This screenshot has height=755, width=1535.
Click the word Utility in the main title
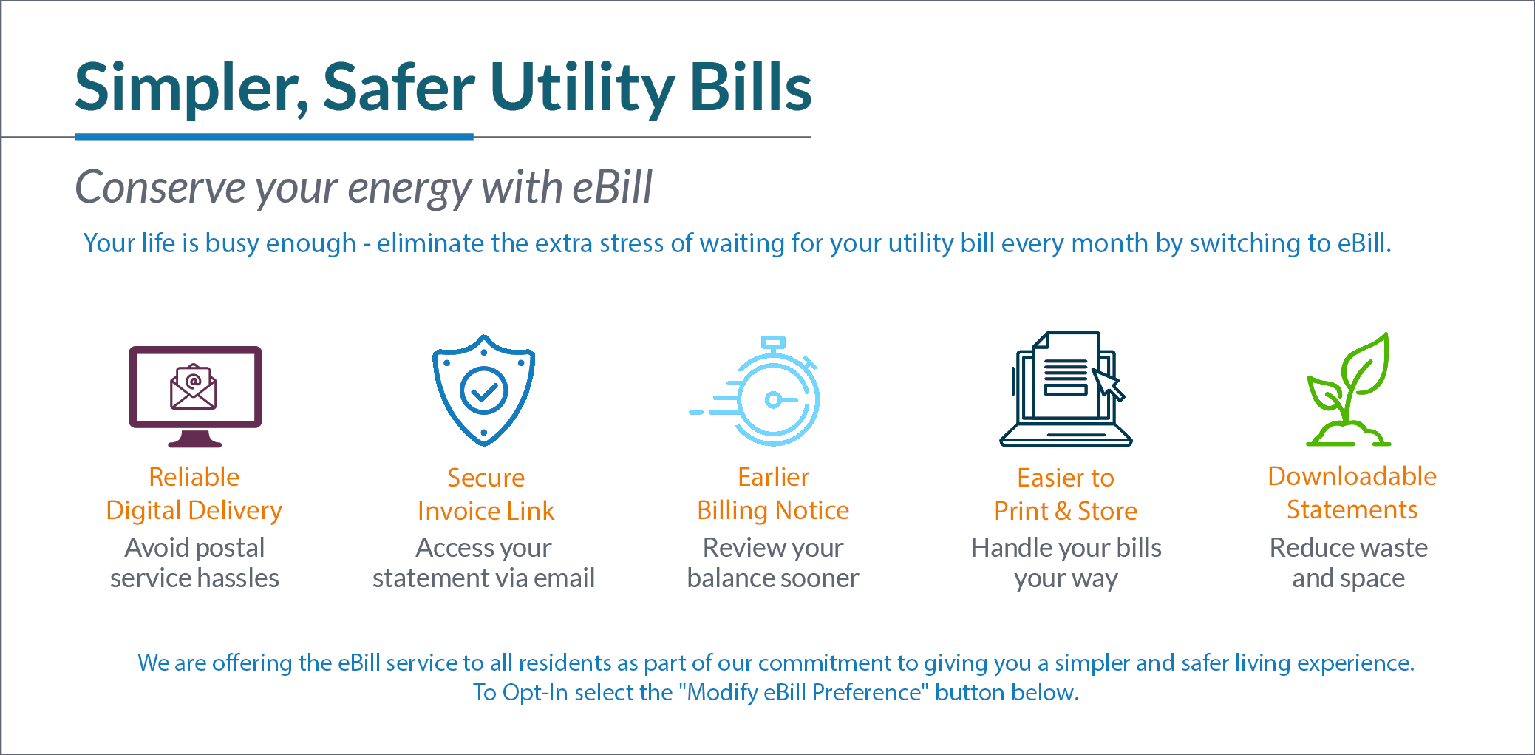click(582, 89)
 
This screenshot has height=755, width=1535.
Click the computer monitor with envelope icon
click(195, 396)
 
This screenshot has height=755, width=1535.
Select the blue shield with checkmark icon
click(484, 390)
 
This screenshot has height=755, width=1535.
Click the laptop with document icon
click(1066, 389)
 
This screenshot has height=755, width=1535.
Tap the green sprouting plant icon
click(1349, 389)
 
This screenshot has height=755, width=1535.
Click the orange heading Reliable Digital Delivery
click(194, 493)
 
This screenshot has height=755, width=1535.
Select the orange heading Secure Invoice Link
click(486, 494)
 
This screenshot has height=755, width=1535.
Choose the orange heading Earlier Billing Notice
click(773, 493)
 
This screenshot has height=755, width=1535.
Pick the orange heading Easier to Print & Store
click(1066, 494)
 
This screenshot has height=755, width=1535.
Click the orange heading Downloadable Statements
click(1352, 492)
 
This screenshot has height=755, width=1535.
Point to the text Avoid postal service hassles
click(194, 563)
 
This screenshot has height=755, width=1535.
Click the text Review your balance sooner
click(773, 563)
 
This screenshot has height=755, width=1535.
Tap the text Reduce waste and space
click(1349, 563)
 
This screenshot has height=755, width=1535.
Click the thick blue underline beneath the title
click(274, 137)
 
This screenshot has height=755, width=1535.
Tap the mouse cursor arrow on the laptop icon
click(1109, 385)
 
